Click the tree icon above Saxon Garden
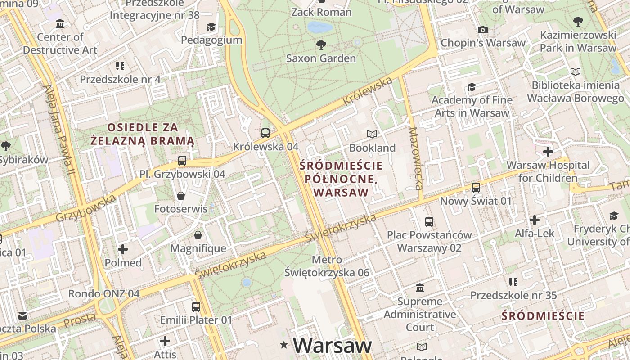pos(321,45)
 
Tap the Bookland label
pos(372,148)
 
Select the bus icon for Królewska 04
pos(265,133)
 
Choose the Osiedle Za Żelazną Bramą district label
pos(142,134)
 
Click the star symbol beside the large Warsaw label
pos(284,345)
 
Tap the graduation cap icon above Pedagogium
pos(211,27)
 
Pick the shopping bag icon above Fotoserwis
pos(180,196)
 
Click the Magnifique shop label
pos(198,248)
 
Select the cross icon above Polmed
pos(123,249)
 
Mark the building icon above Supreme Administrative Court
pos(420,288)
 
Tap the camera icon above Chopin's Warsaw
pos(483,30)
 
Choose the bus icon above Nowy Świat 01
pos(476,188)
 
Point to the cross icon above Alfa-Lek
pos(535,220)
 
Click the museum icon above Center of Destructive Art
pos(60,23)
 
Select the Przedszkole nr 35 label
pos(513,295)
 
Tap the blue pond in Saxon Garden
pos(320,27)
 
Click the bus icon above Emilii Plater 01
pos(196,307)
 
